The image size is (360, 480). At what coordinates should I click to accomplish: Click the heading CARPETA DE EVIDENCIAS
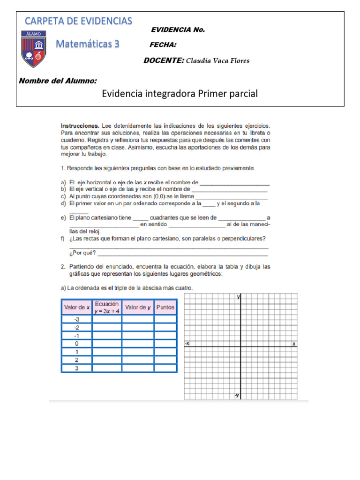click(x=78, y=21)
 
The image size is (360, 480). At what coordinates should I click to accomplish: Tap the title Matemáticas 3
click(x=88, y=45)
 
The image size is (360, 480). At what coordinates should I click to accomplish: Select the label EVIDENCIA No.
click(x=178, y=30)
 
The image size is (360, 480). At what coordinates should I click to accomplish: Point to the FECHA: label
click(x=163, y=45)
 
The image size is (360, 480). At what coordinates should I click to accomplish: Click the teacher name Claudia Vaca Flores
click(x=217, y=60)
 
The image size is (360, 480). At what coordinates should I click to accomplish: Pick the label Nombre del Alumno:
click(x=58, y=81)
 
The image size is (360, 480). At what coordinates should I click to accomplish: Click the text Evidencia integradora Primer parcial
click(x=180, y=94)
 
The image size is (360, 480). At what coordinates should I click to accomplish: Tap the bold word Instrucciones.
click(x=80, y=126)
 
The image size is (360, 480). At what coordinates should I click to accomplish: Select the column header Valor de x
click(x=76, y=307)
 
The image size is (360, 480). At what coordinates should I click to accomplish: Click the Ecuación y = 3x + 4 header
click(x=106, y=307)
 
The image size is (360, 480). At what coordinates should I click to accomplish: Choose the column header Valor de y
click(x=137, y=307)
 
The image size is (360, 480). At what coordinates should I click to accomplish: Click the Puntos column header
click(x=165, y=307)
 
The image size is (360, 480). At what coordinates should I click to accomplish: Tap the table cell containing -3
click(x=76, y=319)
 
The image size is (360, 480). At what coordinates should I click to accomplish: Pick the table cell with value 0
click(x=76, y=343)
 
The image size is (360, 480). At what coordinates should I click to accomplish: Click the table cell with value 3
click(x=76, y=368)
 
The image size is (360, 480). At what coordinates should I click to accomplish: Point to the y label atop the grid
click(x=239, y=297)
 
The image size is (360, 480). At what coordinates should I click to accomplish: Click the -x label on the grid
click(x=187, y=344)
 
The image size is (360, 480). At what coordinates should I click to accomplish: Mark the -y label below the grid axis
click(x=237, y=395)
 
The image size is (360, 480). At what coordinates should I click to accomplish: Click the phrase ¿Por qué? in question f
click(x=82, y=253)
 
